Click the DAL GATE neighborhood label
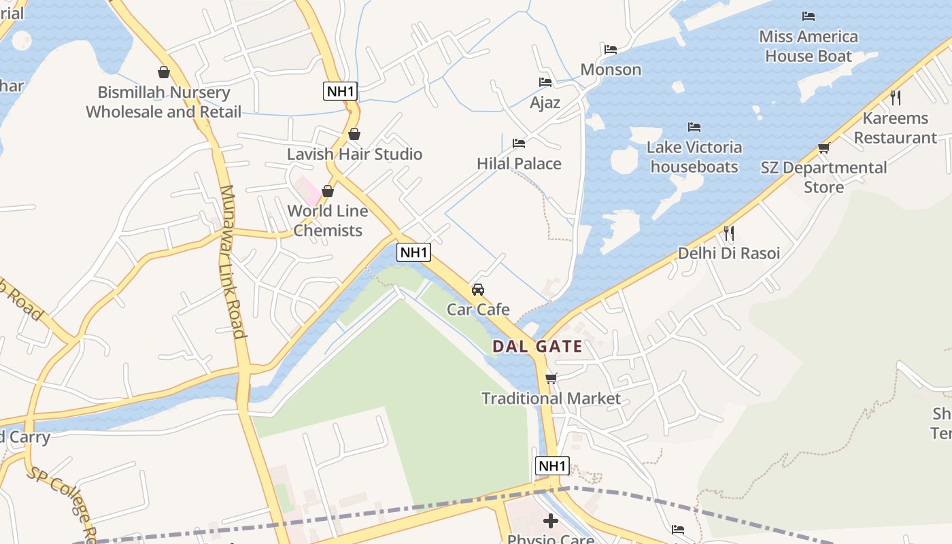coord(537,346)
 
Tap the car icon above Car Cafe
coord(478,290)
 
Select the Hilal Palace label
coord(519,163)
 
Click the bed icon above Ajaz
coord(545,82)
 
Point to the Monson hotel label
coord(610,69)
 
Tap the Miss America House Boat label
coord(808,46)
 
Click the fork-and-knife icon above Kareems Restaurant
coord(895,98)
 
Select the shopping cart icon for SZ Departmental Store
coord(823,148)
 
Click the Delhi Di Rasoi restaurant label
coord(728,253)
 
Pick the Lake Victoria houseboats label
coord(694,157)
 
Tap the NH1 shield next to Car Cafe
coord(413,252)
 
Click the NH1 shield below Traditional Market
coord(551,466)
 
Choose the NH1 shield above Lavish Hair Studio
coord(340,91)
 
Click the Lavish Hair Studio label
coord(354,154)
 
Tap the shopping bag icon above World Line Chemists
coord(328,191)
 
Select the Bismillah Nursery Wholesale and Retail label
coord(163,102)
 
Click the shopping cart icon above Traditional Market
coord(551,378)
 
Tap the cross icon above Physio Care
coord(551,522)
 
